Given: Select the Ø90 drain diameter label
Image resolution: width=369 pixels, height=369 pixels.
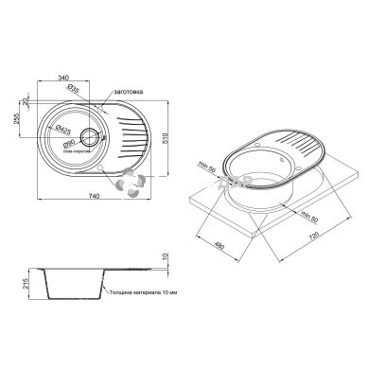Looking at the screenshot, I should tap(69, 143).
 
